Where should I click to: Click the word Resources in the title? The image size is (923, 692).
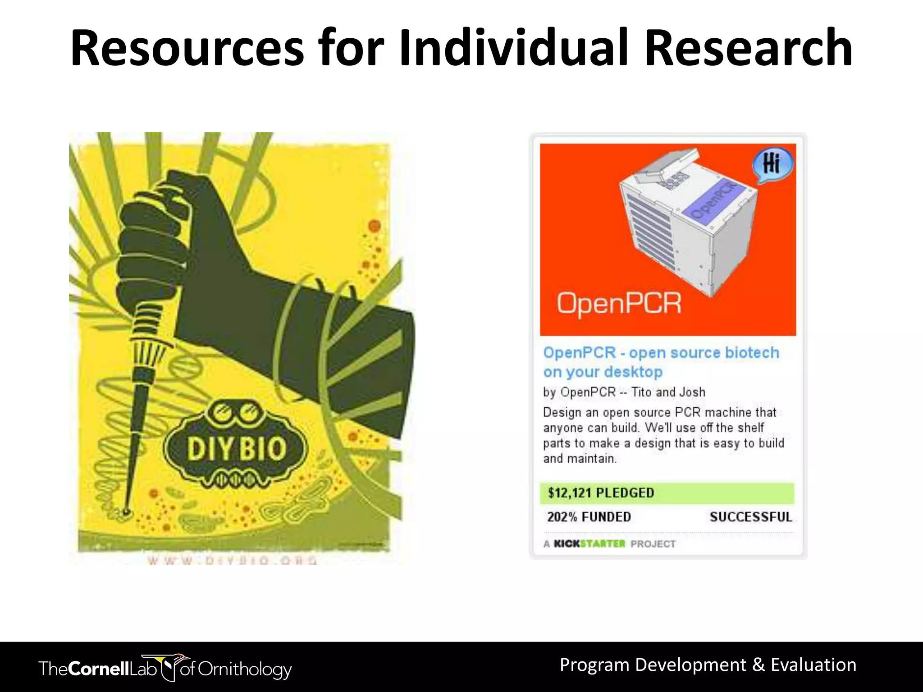pyautogui.click(x=187, y=49)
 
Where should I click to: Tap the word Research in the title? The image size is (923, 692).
pyautogui.click(x=748, y=49)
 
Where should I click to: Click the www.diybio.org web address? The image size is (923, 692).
pyautogui.click(x=232, y=560)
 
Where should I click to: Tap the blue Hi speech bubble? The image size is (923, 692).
pyautogui.click(x=772, y=164)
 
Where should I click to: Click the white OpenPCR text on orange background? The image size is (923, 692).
pyautogui.click(x=619, y=303)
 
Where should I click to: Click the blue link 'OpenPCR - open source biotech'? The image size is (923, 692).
pyautogui.click(x=661, y=352)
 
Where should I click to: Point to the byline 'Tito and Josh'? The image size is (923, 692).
pyautogui.click(x=668, y=392)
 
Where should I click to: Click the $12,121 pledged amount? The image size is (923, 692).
pyautogui.click(x=601, y=493)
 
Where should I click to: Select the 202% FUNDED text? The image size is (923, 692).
pyautogui.click(x=589, y=517)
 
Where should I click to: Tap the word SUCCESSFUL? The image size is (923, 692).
pyautogui.click(x=751, y=517)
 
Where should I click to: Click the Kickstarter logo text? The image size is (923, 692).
pyautogui.click(x=589, y=544)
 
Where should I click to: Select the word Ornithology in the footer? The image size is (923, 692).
pyautogui.click(x=245, y=669)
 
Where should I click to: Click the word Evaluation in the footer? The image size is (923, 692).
pyautogui.click(x=813, y=665)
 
